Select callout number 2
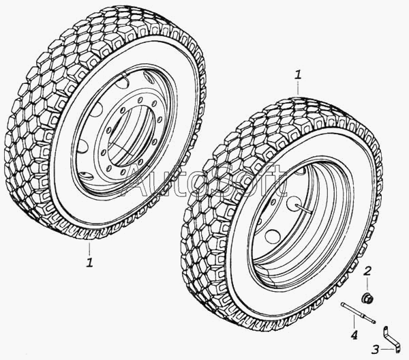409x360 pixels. tap(367, 273)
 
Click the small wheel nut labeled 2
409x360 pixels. tap(368, 298)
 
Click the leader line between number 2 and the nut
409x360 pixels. tap(367, 284)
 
